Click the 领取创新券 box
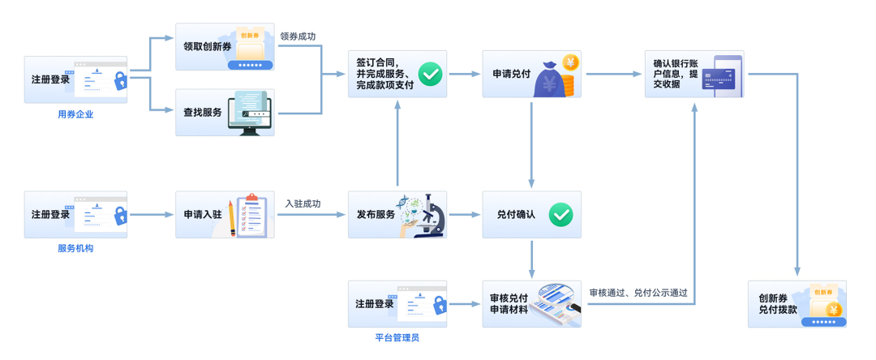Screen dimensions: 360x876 click(225, 47)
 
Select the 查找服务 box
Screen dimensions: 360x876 click(225, 113)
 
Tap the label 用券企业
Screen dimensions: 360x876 click(75, 114)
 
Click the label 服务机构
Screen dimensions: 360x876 click(75, 248)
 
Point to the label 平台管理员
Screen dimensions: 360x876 click(397, 337)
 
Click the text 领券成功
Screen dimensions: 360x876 click(298, 36)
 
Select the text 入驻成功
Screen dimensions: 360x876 click(303, 204)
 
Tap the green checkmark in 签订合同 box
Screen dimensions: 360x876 click(430, 75)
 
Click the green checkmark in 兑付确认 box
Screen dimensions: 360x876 click(560, 215)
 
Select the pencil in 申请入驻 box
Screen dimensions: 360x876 click(232, 218)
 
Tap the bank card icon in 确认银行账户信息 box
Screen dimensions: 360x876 click(719, 78)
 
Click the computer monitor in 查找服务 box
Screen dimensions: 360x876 click(250, 113)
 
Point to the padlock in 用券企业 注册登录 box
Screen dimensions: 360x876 click(120, 81)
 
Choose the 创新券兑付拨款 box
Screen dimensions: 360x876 click(797, 304)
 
